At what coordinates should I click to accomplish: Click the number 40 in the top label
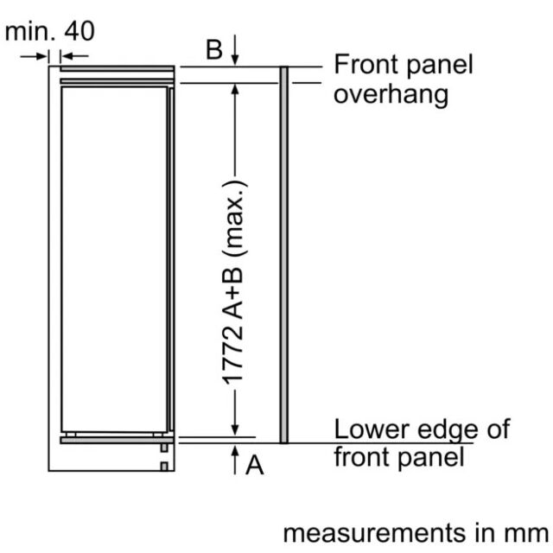pos(79,31)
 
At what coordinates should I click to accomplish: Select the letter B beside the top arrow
pos(214,49)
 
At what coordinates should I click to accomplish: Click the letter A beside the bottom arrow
pos(255,465)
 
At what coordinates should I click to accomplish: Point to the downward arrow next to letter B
pos(235,50)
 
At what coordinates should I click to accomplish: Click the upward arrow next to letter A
pos(235,460)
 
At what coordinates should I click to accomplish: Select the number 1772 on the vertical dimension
pos(232,355)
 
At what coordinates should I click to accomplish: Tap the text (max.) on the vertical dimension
pos(234,219)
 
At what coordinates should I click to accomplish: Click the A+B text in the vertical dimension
pos(232,294)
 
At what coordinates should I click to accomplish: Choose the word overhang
pos(391,95)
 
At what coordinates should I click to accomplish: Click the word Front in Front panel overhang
pos(366,64)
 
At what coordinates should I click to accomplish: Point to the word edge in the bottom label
pos(448,431)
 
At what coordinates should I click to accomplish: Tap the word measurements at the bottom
pos(374,533)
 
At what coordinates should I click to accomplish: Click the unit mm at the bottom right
pos(526,534)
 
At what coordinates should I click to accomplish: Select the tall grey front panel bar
pos(284,255)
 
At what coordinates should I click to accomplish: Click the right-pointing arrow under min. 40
pos(34,55)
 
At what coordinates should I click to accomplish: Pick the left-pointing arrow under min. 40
pos(74,55)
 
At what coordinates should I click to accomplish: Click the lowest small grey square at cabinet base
pos(164,467)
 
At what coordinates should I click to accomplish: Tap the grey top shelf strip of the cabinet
pos(118,68)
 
